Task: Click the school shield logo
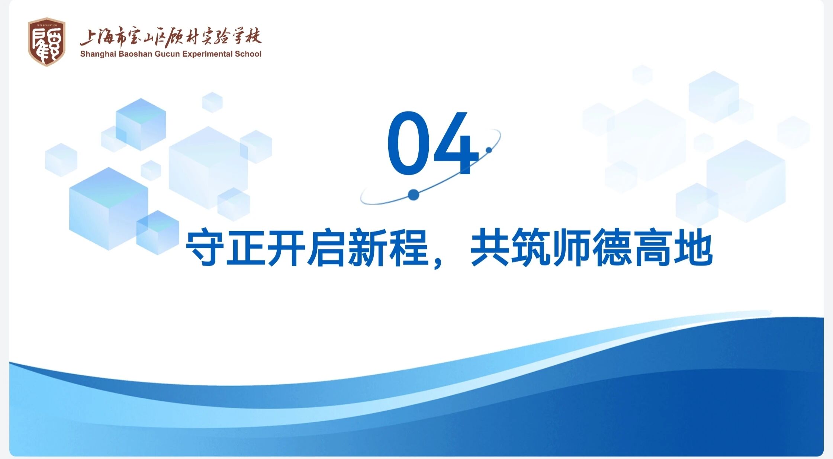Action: (46, 42)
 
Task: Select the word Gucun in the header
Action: (167, 54)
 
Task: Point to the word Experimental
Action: (207, 54)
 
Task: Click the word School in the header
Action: (248, 54)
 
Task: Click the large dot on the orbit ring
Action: (413, 195)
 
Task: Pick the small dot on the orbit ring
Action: (489, 150)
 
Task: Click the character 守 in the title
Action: (205, 247)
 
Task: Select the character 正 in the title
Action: (245, 247)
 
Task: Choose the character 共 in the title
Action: (490, 247)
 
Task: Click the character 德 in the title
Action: (612, 247)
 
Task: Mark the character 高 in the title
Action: (653, 247)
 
